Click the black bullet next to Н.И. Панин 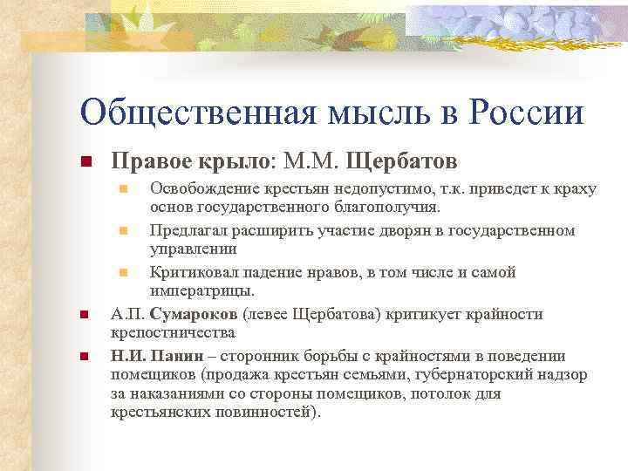85,357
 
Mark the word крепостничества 173,333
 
